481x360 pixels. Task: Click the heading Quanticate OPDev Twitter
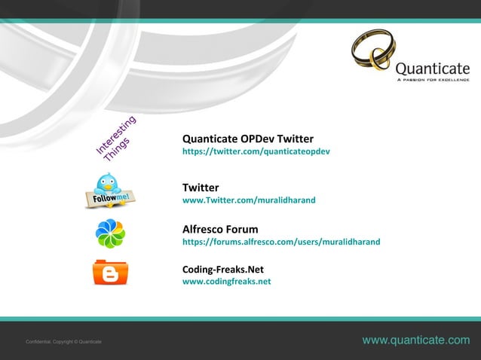click(x=248, y=139)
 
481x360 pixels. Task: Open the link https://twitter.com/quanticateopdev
click(x=256, y=151)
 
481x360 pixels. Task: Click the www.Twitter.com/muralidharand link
click(x=249, y=201)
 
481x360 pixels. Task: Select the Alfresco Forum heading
click(x=220, y=229)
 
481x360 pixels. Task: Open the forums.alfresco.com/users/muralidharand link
click(x=281, y=242)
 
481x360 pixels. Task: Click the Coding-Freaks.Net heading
click(x=222, y=269)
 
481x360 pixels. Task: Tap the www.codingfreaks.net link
click(x=226, y=282)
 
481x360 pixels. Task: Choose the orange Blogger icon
click(x=110, y=272)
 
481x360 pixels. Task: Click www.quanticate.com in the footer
click(x=415, y=341)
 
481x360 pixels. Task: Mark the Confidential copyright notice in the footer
click(x=63, y=343)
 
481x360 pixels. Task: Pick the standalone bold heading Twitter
click(x=201, y=188)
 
